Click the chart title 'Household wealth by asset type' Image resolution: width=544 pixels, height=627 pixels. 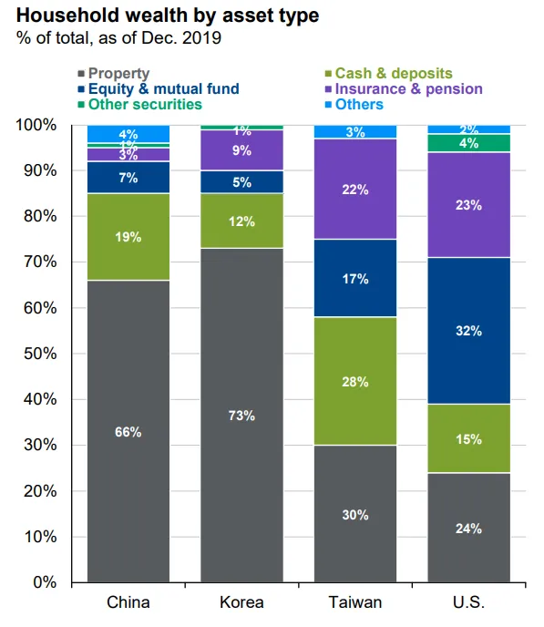pos(168,16)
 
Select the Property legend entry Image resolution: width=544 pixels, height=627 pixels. pos(114,74)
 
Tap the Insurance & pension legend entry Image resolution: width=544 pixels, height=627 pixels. pos(404,88)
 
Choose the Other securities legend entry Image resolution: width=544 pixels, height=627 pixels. pos(140,105)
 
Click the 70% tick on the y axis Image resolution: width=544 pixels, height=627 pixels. pos(40,262)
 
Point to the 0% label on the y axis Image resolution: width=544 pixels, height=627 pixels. pos(45,582)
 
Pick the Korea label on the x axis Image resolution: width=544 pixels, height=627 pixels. pos(241,602)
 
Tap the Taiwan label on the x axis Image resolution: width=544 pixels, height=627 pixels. pos(355,602)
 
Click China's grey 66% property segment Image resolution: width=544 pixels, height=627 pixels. pos(128,431)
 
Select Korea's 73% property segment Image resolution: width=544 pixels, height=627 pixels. pos(241,416)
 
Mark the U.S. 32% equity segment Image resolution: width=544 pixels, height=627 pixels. pos(469,331)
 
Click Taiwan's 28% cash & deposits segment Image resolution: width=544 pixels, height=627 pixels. pos(355,381)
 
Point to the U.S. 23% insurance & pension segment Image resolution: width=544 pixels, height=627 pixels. pos(469,205)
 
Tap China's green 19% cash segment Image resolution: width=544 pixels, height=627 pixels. pos(128,237)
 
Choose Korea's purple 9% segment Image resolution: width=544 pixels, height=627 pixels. pos(241,150)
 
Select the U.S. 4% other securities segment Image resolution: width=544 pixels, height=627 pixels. pos(469,143)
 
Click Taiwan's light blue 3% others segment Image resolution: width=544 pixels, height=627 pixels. pos(355,131)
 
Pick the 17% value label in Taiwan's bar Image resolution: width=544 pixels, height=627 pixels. pos(355,279)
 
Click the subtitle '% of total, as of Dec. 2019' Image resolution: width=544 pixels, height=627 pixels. pos(118,38)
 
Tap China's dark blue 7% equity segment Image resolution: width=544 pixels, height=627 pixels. pos(128,178)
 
